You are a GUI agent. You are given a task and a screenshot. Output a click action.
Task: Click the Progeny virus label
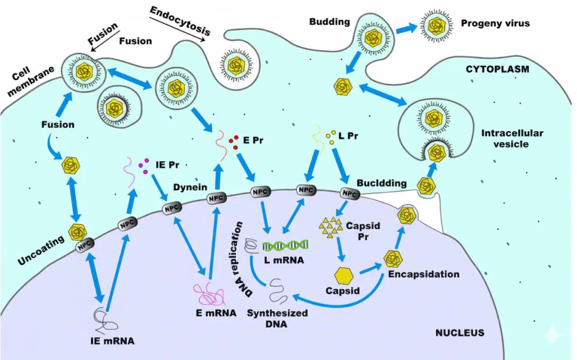pyautogui.click(x=495, y=23)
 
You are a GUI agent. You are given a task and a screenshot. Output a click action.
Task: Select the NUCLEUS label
pyautogui.click(x=459, y=333)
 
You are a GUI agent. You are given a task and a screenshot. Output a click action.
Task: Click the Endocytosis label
pyautogui.click(x=180, y=21)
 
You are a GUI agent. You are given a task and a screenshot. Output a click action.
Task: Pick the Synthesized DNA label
pyautogui.click(x=277, y=318)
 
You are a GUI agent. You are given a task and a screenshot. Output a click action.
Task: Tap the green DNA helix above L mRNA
pyautogui.click(x=287, y=244)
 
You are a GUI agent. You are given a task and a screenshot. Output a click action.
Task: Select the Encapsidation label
pyautogui.click(x=423, y=274)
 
